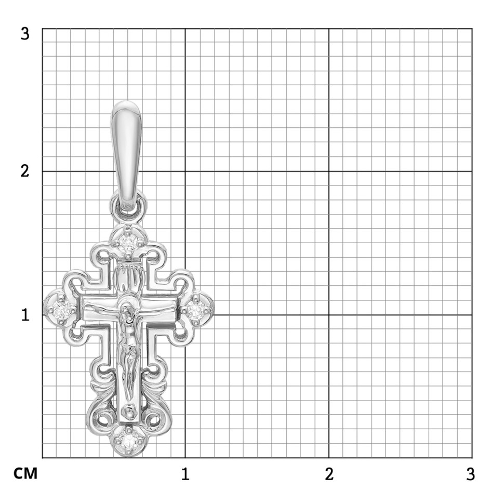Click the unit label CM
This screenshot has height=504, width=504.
tap(25, 473)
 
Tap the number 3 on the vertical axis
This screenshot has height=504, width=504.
tap(25, 33)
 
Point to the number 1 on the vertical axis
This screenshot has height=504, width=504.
tap(25, 315)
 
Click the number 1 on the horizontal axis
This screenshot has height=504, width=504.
tap(185, 474)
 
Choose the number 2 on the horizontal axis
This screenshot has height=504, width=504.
tap(329, 474)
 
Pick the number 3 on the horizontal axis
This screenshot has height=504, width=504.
tap(470, 474)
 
